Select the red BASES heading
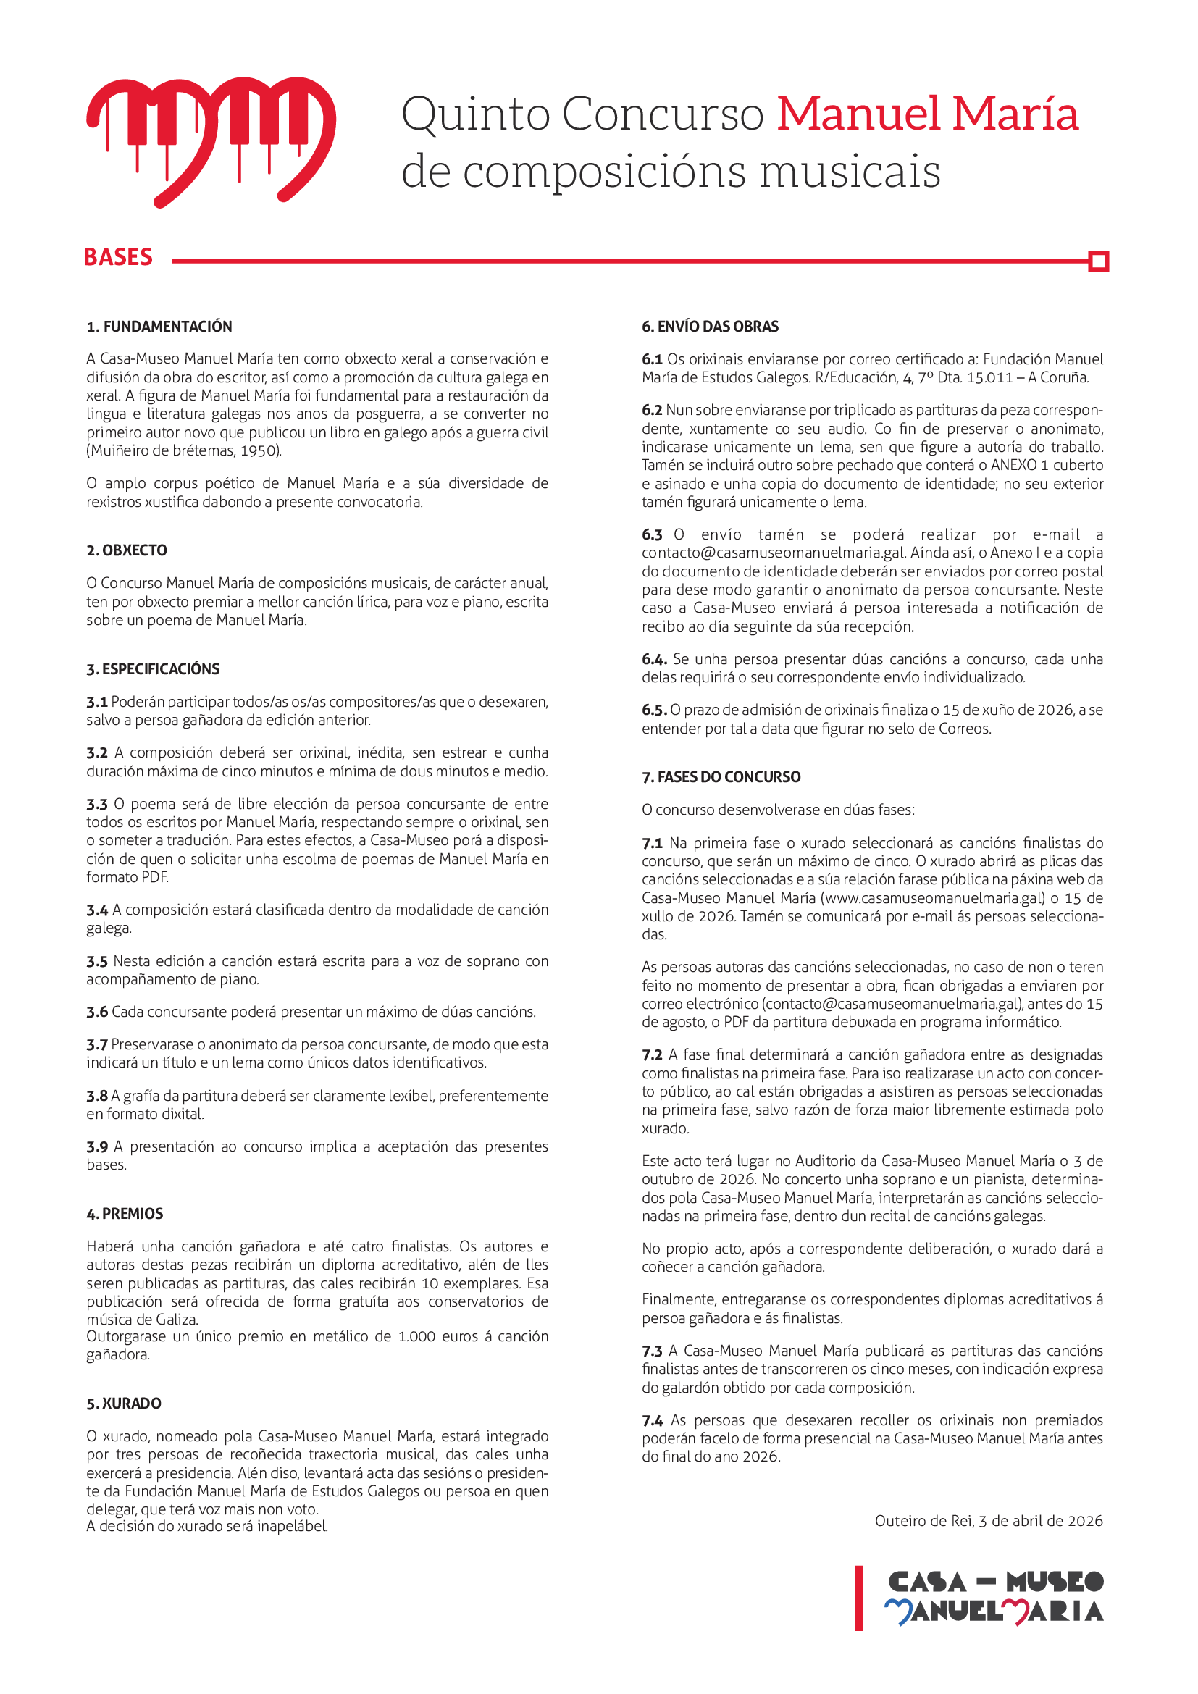pos(118,258)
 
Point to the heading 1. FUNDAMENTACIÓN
pos(159,327)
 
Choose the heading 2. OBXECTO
pos(127,550)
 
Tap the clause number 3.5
pos(96,961)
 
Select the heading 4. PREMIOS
pos(125,1214)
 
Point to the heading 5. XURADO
pos(124,1404)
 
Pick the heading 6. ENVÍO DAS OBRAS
pos(710,327)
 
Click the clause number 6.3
pos(652,535)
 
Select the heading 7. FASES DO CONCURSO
pos(721,777)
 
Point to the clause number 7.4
pos(652,1420)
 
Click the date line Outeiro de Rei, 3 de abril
pos(989,1521)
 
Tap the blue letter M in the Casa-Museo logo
pos(898,1612)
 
